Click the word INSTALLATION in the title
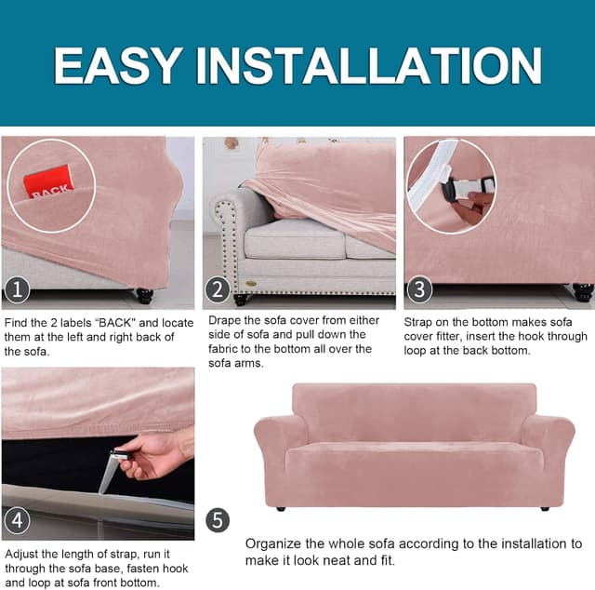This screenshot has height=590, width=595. [x=368, y=66]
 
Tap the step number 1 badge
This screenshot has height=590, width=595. [x=17, y=289]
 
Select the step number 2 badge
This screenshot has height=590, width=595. [x=218, y=289]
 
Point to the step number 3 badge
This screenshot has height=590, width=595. [x=419, y=289]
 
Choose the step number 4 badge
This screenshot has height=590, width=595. [x=17, y=519]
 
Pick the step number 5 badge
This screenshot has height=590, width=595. [x=218, y=520]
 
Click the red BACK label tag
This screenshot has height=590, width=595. [x=47, y=181]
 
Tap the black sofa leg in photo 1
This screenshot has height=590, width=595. [x=145, y=295]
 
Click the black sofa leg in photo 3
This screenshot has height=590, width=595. [x=583, y=292]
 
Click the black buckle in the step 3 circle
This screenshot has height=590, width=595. [x=452, y=187]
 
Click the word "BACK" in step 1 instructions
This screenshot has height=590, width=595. [x=114, y=323]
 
